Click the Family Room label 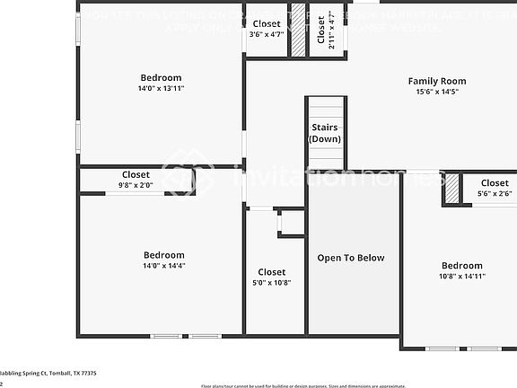point(437,81)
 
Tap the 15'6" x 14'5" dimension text point(437,92)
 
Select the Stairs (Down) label point(324,134)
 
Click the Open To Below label point(351,258)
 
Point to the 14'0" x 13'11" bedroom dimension point(161,89)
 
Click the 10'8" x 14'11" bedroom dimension point(461,277)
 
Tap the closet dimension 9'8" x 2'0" point(136,185)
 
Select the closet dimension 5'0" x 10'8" point(272,283)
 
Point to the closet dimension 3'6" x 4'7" point(266,34)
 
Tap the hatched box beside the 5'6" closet point(452,188)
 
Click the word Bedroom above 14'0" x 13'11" point(161,78)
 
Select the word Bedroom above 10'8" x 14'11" point(461,266)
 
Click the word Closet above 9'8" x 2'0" point(136,174)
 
